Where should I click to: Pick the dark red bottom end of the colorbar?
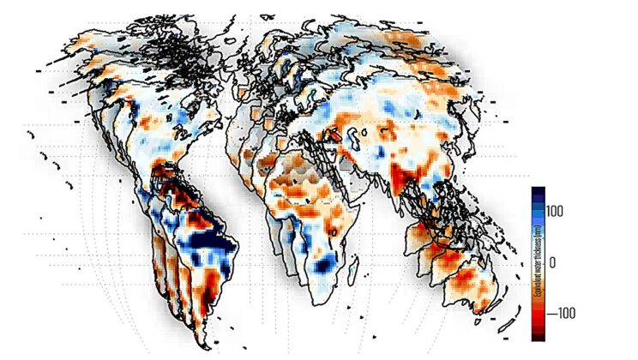coord(538,335)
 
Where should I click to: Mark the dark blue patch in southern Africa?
coord(324,267)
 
